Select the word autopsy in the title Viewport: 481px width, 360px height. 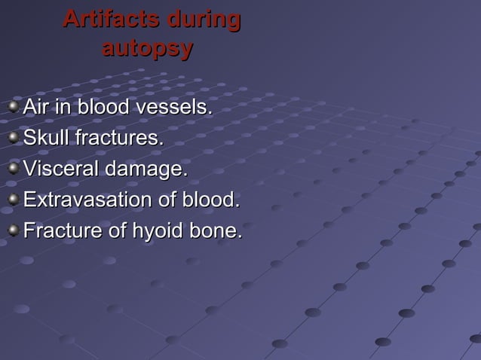[x=147, y=49]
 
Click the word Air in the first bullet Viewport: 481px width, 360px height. [x=37, y=108]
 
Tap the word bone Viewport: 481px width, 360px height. [x=216, y=231]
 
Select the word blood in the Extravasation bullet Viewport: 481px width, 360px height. [x=216, y=200]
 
